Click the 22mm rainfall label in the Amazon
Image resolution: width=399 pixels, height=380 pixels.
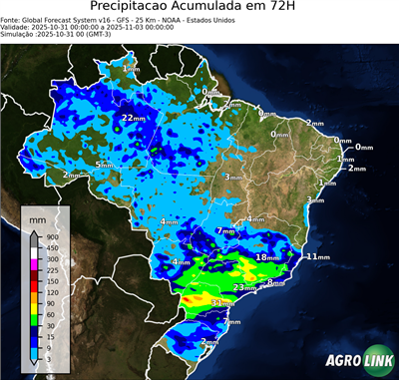133,118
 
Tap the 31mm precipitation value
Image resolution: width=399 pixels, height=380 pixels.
221,302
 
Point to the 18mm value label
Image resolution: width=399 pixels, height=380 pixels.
266,257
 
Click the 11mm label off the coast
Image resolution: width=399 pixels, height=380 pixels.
317,257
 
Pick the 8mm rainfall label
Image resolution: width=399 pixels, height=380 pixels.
275,283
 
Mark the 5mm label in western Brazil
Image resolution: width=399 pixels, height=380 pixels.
104,164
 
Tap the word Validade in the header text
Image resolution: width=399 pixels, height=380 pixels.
19,30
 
